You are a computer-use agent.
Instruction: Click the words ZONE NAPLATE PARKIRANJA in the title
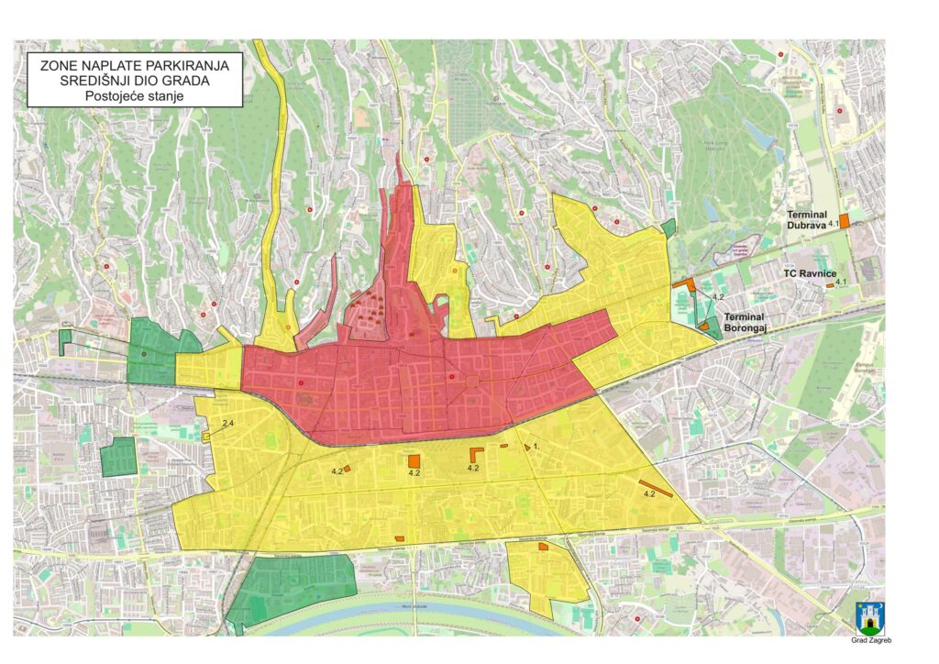point(135,65)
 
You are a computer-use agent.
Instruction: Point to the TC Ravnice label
point(808,273)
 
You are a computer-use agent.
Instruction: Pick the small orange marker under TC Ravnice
point(830,285)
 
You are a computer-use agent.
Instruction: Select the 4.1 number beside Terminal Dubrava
point(834,224)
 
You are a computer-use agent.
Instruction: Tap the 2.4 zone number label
point(228,423)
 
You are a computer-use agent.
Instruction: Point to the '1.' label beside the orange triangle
point(536,447)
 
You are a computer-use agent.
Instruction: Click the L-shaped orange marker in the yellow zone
point(477,455)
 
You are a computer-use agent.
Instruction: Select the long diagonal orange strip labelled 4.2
point(656,488)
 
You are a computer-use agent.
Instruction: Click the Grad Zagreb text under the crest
point(870,640)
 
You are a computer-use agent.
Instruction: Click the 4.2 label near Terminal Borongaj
point(718,298)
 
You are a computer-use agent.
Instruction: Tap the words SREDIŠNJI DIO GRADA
point(135,81)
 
